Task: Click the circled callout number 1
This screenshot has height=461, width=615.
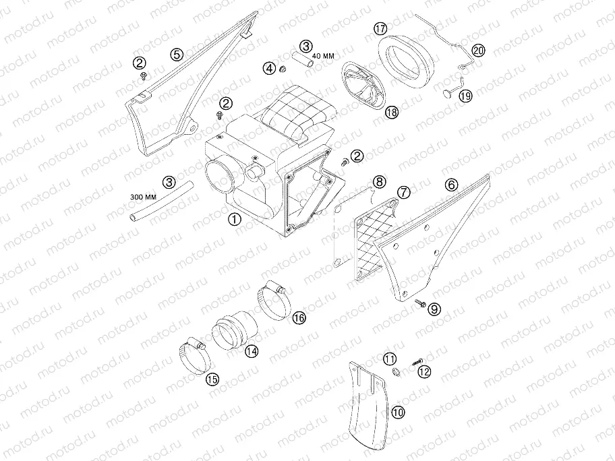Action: (235, 219)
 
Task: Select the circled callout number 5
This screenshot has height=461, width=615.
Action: (177, 54)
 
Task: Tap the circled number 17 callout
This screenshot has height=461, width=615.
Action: (380, 28)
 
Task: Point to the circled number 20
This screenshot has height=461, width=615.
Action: (478, 51)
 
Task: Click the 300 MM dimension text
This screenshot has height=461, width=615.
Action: (143, 197)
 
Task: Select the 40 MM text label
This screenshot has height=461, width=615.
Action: (324, 56)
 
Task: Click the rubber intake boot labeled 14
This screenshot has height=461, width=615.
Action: (235, 332)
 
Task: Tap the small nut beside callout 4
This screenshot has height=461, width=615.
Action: (281, 70)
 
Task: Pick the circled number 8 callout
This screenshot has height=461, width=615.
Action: (379, 181)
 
